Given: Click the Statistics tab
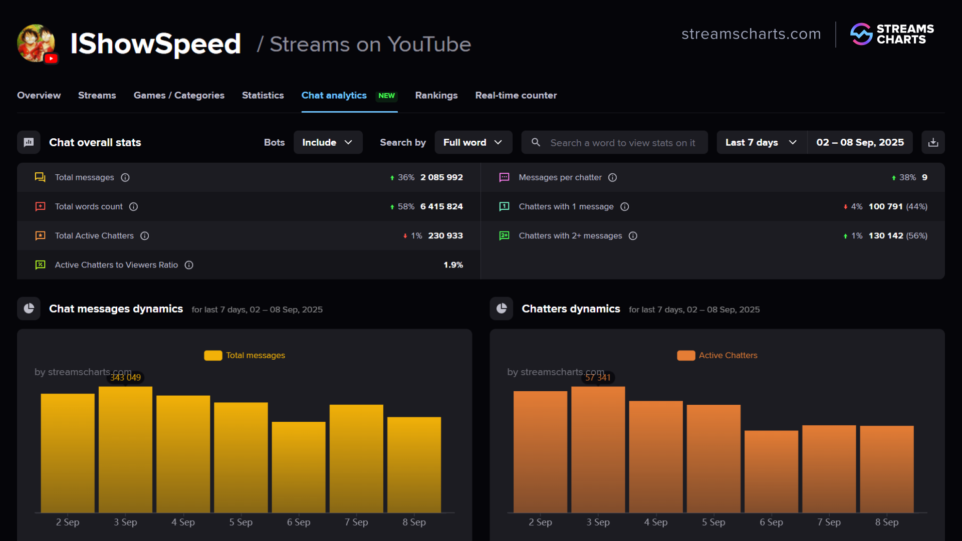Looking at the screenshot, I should tap(263, 95).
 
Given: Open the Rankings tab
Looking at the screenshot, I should tap(436, 95).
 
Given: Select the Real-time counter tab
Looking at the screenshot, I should tap(516, 95).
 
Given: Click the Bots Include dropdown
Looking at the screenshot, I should tap(328, 142).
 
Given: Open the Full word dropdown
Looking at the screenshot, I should tap(473, 142).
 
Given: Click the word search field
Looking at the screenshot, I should tap(621, 143).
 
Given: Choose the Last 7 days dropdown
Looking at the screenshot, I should tap(761, 142).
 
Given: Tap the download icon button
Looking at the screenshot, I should tap(933, 142).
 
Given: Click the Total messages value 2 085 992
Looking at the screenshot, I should tap(441, 177).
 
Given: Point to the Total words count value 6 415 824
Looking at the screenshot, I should tap(441, 206).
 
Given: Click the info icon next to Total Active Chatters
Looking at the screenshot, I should tap(145, 236).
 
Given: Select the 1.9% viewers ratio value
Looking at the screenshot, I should tap(453, 265).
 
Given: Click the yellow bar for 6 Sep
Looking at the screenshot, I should tap(299, 466).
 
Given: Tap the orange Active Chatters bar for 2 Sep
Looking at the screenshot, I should tap(540, 451).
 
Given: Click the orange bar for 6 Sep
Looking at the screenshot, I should tap(771, 471).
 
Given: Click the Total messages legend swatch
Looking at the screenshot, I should tap(213, 356).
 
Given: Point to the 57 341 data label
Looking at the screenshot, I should tap(598, 378).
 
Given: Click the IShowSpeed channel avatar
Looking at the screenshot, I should tap(36, 43).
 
